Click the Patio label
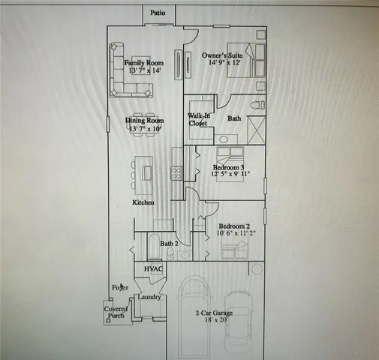point(157,13)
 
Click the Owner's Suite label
point(221,55)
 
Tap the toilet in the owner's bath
point(256,105)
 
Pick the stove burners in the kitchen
point(178,172)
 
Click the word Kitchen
point(143,202)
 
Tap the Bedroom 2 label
point(233,226)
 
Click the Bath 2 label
point(170,244)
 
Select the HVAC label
point(154,268)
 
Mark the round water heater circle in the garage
point(257,268)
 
